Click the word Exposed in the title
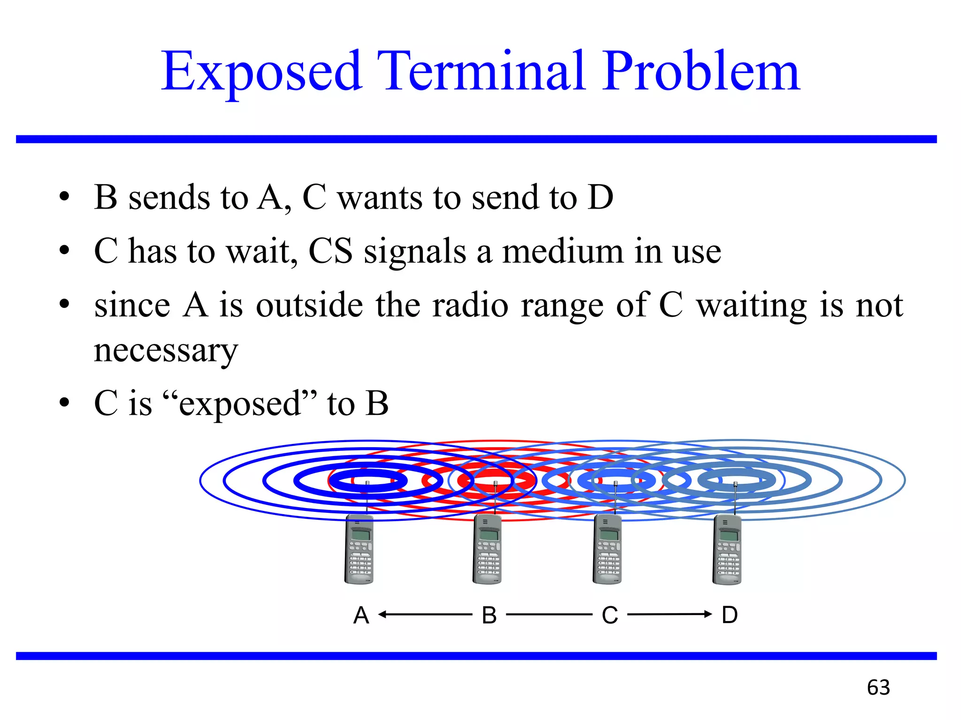261,71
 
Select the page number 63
878,687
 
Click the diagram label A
361,615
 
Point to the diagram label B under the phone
489,615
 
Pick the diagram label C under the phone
610,615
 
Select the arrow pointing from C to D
669,614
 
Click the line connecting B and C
549,614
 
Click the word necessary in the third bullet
166,351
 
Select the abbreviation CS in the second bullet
330,251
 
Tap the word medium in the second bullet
563,251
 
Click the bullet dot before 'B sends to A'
64,196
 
